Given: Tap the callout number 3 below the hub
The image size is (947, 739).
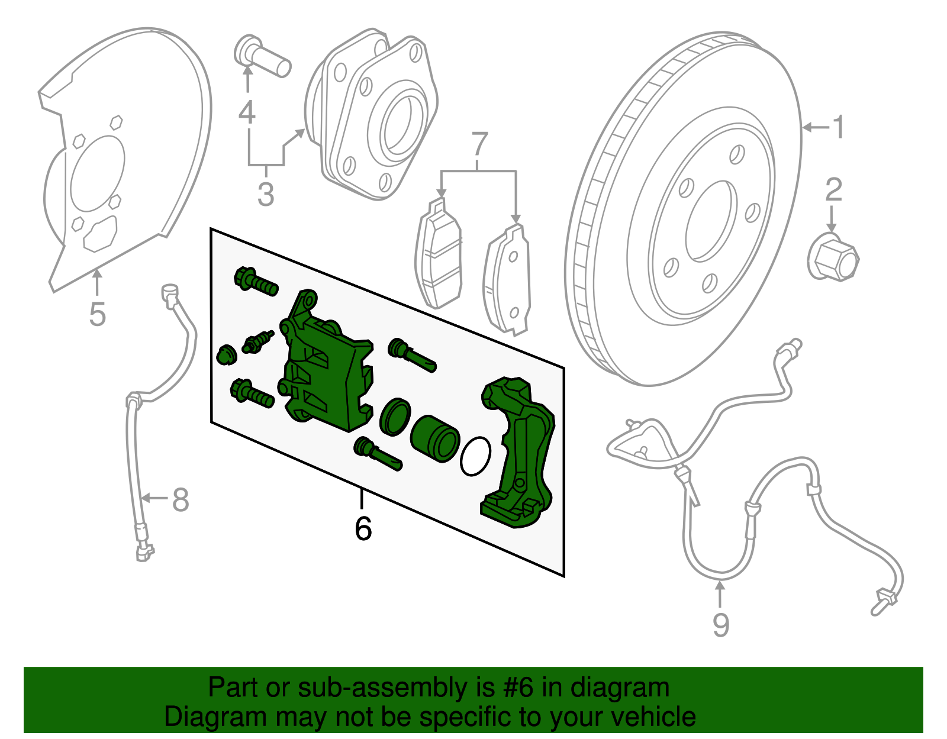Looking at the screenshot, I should pyautogui.click(x=266, y=195).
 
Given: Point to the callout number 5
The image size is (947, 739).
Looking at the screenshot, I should pyautogui.click(x=97, y=314).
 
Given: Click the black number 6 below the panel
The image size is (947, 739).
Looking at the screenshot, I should pyautogui.click(x=363, y=528).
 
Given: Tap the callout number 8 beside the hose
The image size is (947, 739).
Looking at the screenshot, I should pyautogui.click(x=181, y=499).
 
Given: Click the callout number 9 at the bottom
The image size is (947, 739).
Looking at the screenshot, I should pyautogui.click(x=720, y=625).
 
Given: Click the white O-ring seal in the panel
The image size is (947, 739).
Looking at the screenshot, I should pyautogui.click(x=475, y=456).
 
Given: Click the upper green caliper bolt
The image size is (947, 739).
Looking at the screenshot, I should pyautogui.click(x=255, y=281).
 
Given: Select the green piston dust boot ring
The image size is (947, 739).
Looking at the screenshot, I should pyautogui.click(x=394, y=416).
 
